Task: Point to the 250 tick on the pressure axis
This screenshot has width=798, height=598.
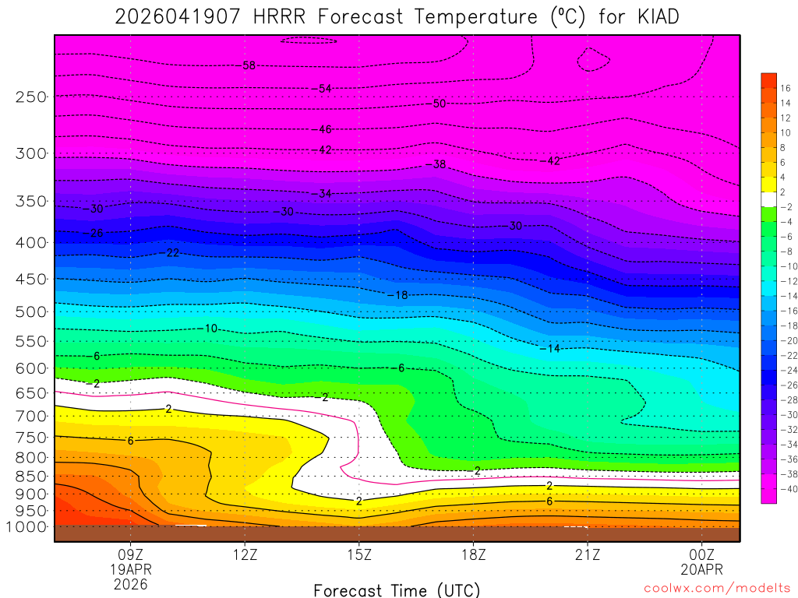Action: point(31,97)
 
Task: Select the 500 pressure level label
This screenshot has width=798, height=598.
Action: point(31,311)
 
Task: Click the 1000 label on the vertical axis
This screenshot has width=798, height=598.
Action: point(27,526)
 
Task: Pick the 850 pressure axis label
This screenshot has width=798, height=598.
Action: point(31,476)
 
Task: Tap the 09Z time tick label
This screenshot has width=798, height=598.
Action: point(131,555)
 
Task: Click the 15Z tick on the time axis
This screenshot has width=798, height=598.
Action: point(359,555)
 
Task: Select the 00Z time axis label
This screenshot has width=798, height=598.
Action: point(702,555)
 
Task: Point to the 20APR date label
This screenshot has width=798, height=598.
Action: point(702,569)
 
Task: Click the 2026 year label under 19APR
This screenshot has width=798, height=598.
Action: point(131,583)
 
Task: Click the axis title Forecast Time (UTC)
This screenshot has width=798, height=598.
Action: point(397,589)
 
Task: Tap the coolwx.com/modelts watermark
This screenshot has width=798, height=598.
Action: point(717,588)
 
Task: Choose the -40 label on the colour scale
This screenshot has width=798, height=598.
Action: point(786,488)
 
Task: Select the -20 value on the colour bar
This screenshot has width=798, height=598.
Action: point(786,340)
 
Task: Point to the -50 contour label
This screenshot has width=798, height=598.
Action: point(439,104)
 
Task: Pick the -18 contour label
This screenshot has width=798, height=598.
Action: point(398,295)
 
